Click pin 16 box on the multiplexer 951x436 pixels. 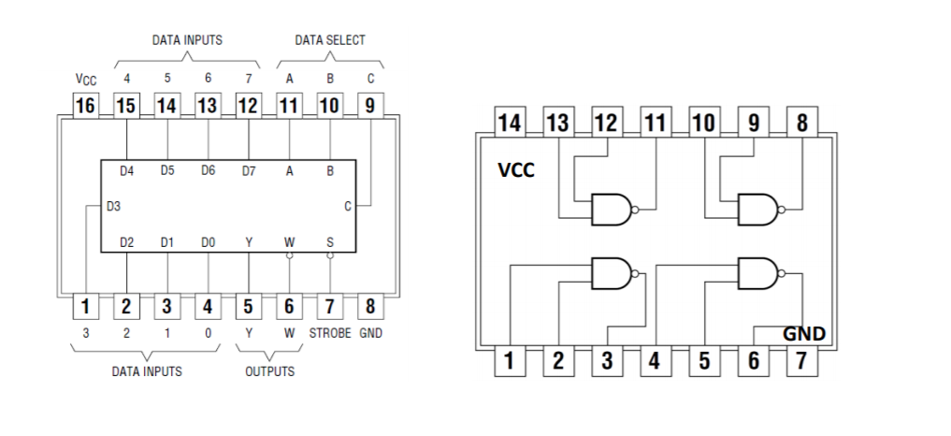pyautogui.click(x=85, y=106)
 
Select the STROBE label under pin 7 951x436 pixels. pyautogui.click(x=329, y=333)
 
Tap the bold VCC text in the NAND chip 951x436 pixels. pyautogui.click(x=516, y=170)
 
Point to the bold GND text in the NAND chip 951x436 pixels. pyautogui.click(x=803, y=333)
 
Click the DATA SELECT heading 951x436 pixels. pyautogui.click(x=330, y=40)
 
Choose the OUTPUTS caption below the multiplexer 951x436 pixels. pyautogui.click(x=269, y=371)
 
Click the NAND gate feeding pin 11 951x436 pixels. pyautogui.click(x=611, y=210)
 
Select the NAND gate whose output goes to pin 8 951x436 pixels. pyautogui.click(x=756, y=210)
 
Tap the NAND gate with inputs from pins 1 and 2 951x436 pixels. pyautogui.click(x=611, y=273)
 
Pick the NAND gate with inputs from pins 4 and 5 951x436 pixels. pyautogui.click(x=756, y=273)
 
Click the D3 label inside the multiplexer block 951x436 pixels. pyautogui.click(x=112, y=206)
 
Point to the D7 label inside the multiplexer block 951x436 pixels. pyautogui.click(x=249, y=170)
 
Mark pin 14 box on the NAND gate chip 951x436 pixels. pyautogui.click(x=510, y=123)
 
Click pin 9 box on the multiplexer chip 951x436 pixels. pyautogui.click(x=370, y=106)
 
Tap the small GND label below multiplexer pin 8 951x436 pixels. pyautogui.click(x=370, y=333)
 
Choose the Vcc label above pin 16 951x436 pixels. pyautogui.click(x=85, y=80)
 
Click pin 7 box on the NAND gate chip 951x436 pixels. pyautogui.click(x=800, y=360)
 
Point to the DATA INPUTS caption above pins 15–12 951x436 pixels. pyautogui.click(x=187, y=40)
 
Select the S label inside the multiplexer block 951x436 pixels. pyautogui.click(x=329, y=242)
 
